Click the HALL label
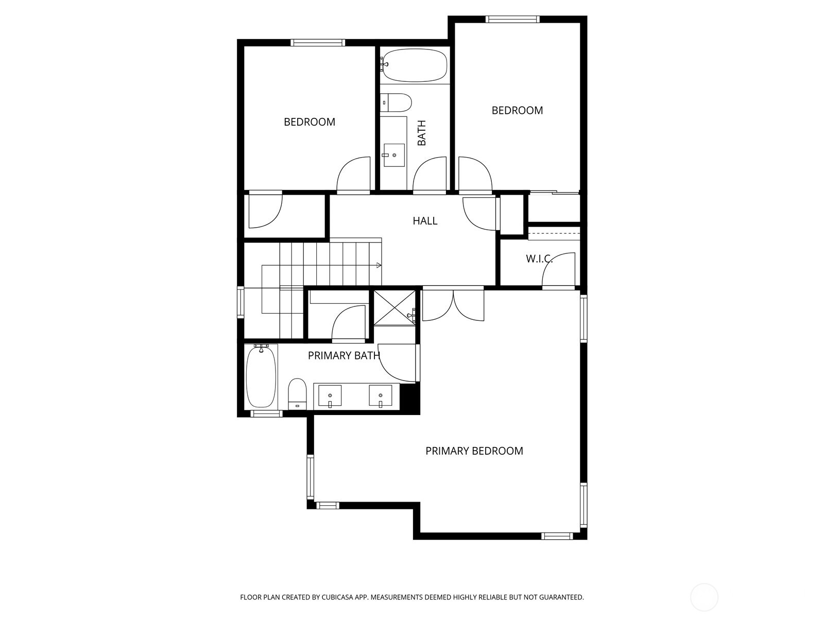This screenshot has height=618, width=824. pyautogui.click(x=425, y=221)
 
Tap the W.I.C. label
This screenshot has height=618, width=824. pyautogui.click(x=539, y=259)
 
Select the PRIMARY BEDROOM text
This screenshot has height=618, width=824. pyautogui.click(x=474, y=451)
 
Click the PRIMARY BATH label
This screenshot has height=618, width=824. pyautogui.click(x=344, y=355)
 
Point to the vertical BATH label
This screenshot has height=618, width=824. pyautogui.click(x=422, y=133)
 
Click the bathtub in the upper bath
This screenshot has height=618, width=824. pyautogui.click(x=415, y=65)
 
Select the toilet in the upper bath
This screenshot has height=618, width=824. pyautogui.click(x=397, y=102)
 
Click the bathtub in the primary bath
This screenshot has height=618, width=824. pyautogui.click(x=261, y=377)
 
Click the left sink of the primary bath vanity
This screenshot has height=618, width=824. pyautogui.click(x=330, y=397)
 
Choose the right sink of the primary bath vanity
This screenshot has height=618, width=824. pyautogui.click(x=381, y=397)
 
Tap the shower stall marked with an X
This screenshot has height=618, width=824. pyautogui.click(x=394, y=307)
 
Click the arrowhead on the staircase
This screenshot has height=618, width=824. pyautogui.click(x=379, y=265)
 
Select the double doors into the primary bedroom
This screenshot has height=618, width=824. pyautogui.click(x=453, y=305)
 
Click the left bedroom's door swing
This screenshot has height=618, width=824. pyautogui.click(x=353, y=174)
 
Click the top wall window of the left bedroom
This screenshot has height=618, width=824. pyautogui.click(x=318, y=43)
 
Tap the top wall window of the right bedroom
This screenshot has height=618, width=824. pyautogui.click(x=512, y=20)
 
